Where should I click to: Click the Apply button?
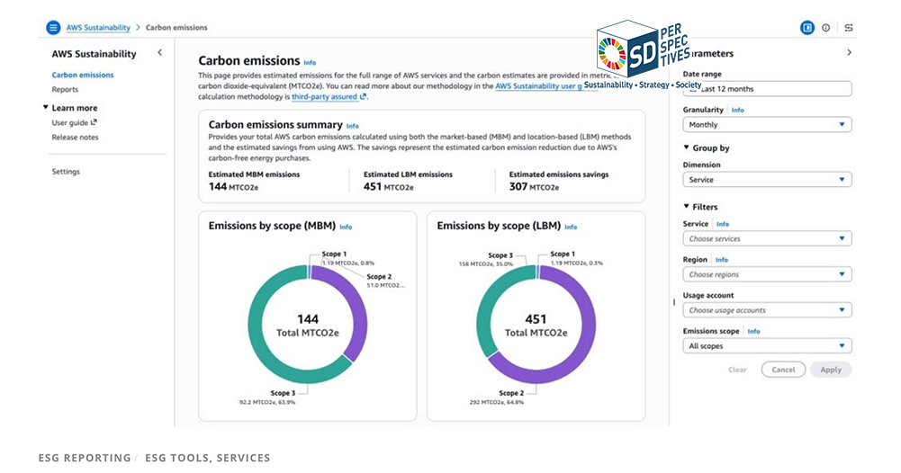(830, 370)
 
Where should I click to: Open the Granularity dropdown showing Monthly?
(767, 125)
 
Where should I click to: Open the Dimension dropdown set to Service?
(767, 180)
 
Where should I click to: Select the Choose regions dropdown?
(767, 274)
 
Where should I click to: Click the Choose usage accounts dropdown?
(767, 310)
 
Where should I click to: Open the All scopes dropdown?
(767, 346)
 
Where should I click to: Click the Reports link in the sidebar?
(65, 90)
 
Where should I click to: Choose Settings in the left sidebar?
(66, 172)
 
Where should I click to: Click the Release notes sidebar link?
(75, 138)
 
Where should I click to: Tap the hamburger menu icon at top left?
(53, 28)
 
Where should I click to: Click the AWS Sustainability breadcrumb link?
(98, 28)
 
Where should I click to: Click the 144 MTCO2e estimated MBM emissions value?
(230, 187)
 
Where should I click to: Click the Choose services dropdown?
(767, 239)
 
